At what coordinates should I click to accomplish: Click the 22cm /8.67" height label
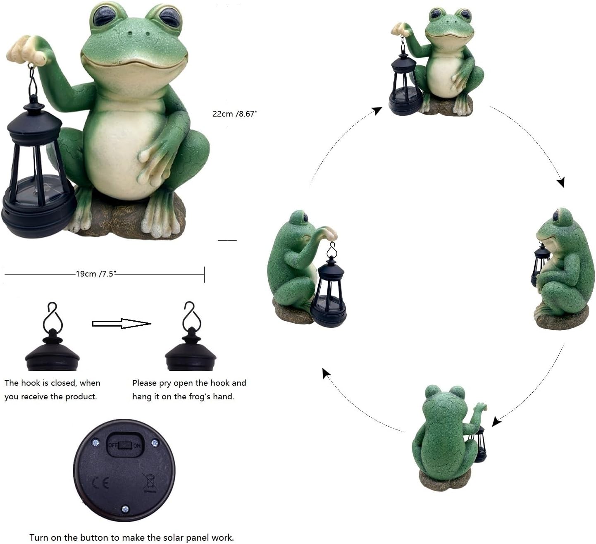point(235,114)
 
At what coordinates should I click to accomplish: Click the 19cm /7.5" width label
point(95,274)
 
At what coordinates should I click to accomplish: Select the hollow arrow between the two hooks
point(121,324)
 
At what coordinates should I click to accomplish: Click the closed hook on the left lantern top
point(53,316)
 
